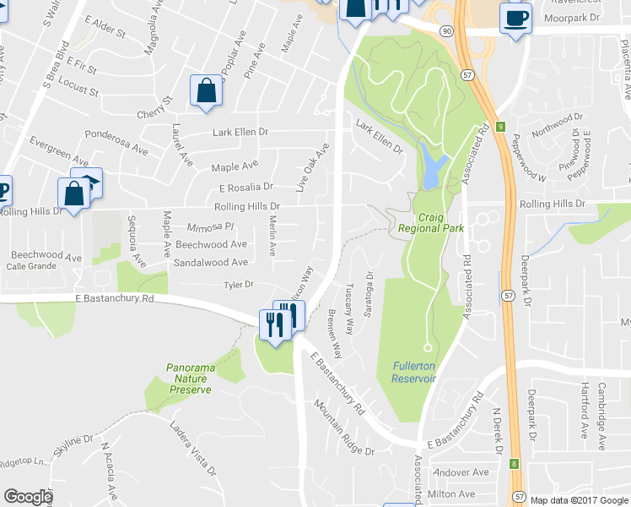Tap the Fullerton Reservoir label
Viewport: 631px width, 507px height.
[x=413, y=372]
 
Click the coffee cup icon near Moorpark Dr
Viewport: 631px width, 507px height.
[x=515, y=19]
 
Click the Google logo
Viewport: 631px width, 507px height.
[x=28, y=497]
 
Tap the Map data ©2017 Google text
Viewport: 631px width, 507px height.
[x=578, y=500]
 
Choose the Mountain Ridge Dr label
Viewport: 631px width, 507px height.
[x=344, y=427]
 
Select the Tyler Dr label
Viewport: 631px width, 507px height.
[x=239, y=285]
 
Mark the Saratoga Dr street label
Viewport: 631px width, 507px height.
[x=368, y=292]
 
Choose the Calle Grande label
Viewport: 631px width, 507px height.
[x=32, y=267]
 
